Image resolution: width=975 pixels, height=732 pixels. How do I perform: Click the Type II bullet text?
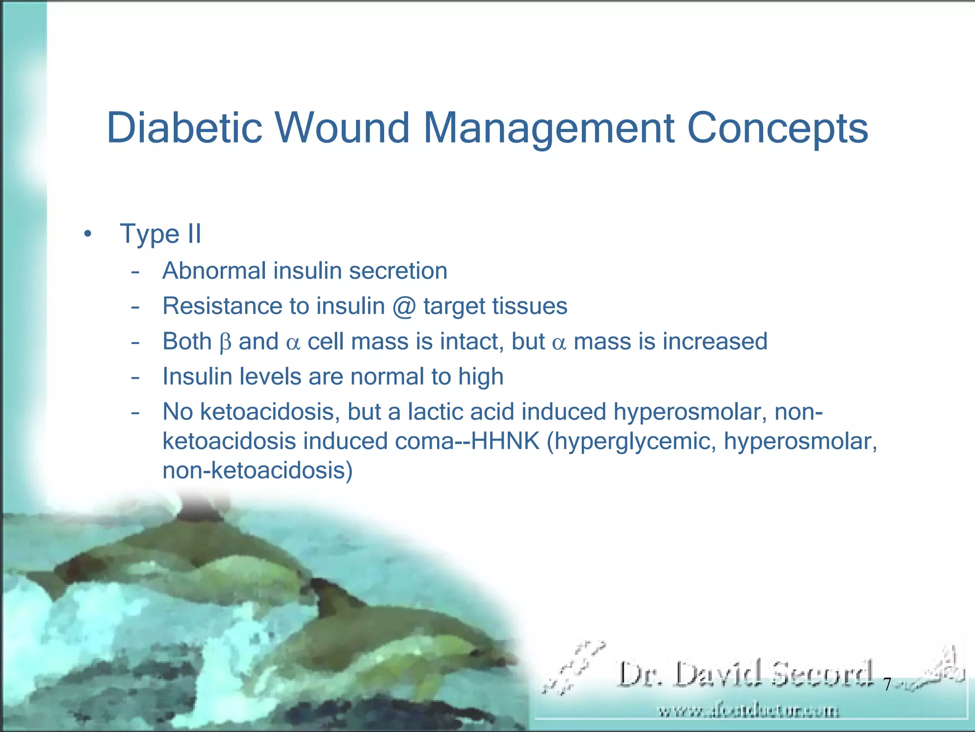click(161, 234)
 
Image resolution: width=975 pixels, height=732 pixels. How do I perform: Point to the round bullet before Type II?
click(87, 234)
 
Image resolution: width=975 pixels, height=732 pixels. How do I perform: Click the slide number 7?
click(887, 685)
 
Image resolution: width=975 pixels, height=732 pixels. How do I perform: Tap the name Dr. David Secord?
click(746, 674)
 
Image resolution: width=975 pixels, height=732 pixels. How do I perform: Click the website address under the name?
click(748, 712)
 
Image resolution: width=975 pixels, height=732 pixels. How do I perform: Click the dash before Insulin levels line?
click(136, 377)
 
